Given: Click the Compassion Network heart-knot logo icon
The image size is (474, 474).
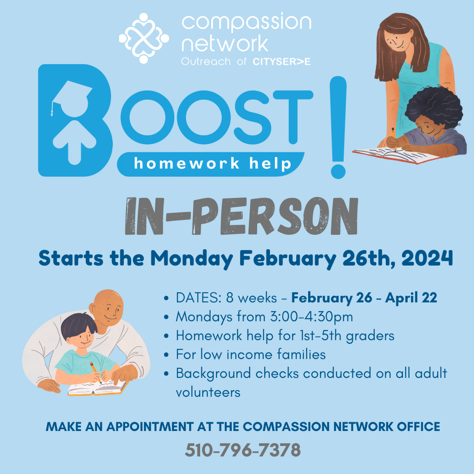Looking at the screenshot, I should click(x=144, y=38).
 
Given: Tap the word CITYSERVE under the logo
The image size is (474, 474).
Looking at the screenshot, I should click(x=281, y=61).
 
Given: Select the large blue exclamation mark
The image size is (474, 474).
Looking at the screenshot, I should click(x=338, y=127).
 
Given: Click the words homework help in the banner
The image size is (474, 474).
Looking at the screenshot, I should click(x=213, y=164).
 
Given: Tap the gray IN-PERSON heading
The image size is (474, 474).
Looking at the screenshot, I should click(x=241, y=216).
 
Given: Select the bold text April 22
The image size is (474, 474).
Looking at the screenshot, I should click(x=411, y=298).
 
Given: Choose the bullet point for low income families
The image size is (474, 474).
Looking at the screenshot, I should click(x=166, y=355).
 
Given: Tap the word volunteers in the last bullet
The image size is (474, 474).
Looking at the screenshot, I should click(x=208, y=391).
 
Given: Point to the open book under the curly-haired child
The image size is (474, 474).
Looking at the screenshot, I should click(x=395, y=156).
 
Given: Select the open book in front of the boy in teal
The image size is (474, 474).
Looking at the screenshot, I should click(x=97, y=387).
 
